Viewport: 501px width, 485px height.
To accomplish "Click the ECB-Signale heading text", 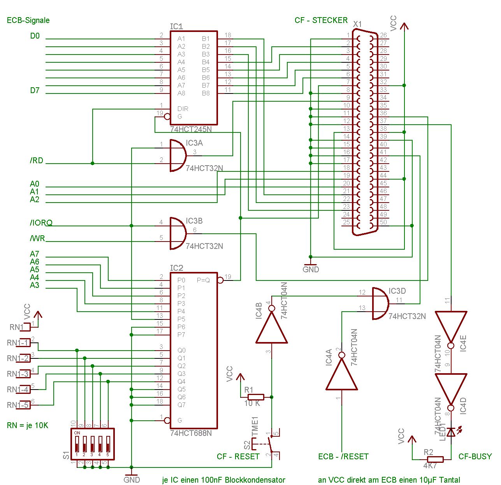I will [28, 20].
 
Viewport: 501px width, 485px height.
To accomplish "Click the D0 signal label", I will [35, 36].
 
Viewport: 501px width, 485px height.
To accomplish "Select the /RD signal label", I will [37, 160].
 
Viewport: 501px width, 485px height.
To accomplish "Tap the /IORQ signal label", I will [41, 223].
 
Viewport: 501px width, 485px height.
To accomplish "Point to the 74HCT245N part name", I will [191, 129].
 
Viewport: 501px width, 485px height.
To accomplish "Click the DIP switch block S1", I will [93, 443].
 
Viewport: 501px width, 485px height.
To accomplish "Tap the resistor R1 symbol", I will [256, 397].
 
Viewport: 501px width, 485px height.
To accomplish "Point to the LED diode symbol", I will [451, 432].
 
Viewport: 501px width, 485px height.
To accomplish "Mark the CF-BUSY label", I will [475, 457].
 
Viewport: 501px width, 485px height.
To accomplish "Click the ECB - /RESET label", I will [343, 457].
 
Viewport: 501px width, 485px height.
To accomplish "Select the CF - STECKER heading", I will [321, 20].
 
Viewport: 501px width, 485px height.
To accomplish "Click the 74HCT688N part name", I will [191, 433].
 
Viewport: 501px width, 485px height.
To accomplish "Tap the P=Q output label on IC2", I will [203, 280].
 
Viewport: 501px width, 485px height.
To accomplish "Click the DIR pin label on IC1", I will [183, 109].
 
